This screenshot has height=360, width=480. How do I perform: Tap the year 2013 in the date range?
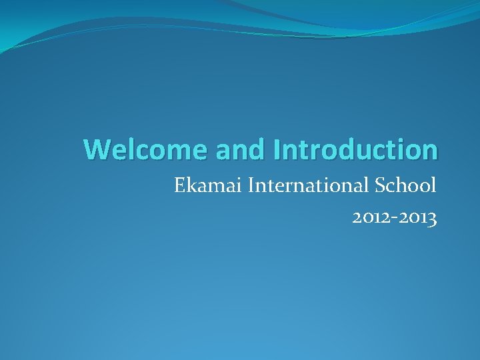point(421,218)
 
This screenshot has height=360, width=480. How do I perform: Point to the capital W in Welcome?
point(95,149)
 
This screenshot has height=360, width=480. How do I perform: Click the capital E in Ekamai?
point(179,185)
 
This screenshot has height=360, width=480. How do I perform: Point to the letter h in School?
point(399,185)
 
